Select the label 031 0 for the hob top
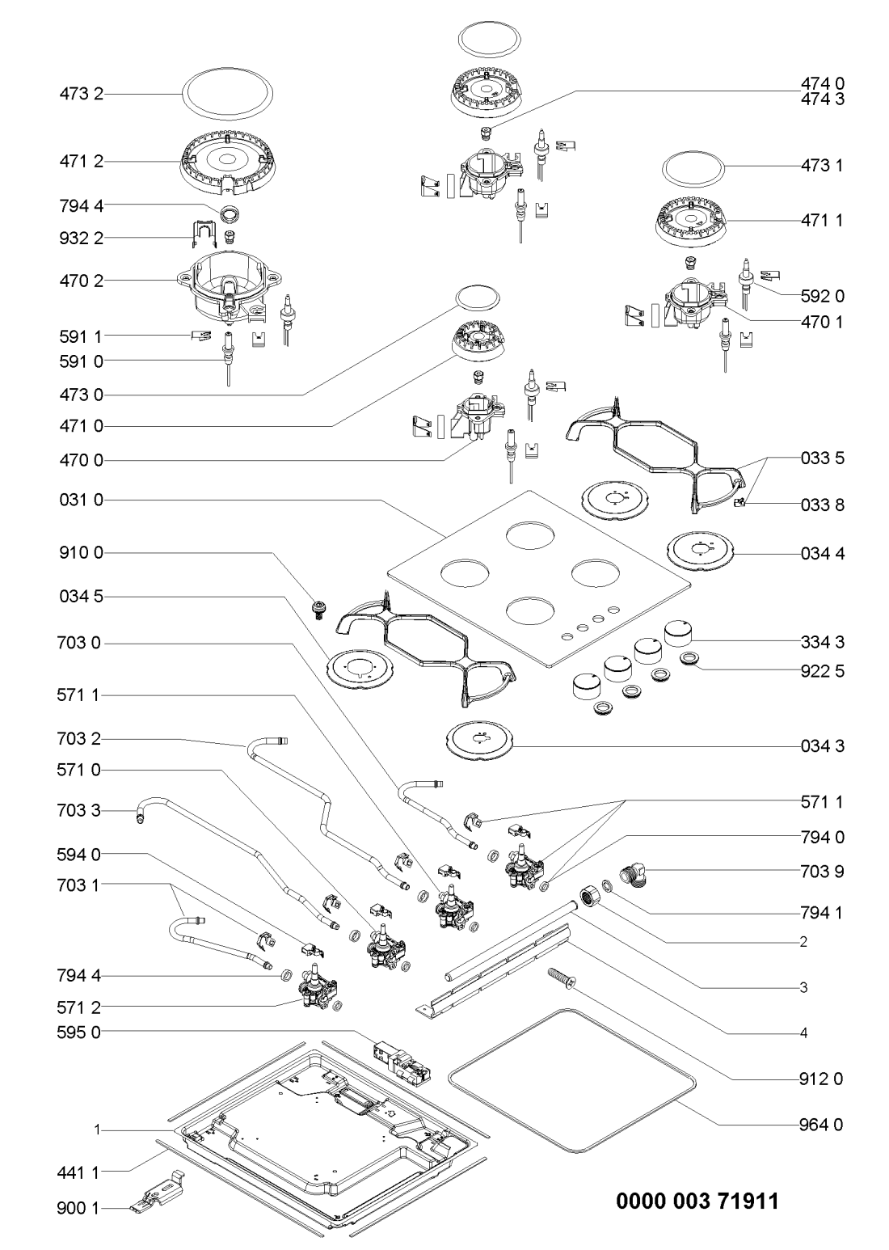(x=81, y=501)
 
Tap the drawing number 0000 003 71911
(x=698, y=1201)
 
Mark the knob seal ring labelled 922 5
(x=689, y=661)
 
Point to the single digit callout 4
(x=804, y=1033)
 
